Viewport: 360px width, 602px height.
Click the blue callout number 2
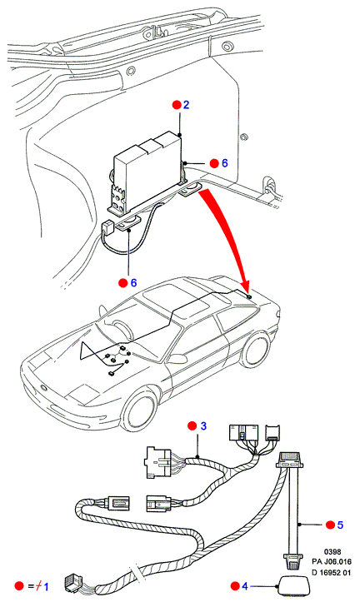click(x=187, y=105)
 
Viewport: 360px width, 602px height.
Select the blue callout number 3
click(x=203, y=425)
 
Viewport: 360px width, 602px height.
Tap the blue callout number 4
click(x=245, y=586)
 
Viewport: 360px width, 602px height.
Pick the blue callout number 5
click(x=340, y=525)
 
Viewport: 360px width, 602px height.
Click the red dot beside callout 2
click(x=177, y=105)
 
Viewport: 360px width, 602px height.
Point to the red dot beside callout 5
click(x=330, y=525)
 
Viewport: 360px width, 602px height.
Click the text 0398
click(x=332, y=552)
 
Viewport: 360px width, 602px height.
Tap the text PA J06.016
click(x=332, y=562)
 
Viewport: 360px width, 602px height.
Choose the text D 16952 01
click(x=332, y=572)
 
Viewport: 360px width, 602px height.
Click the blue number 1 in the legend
click(x=46, y=586)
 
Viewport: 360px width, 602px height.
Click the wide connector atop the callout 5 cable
click(x=293, y=460)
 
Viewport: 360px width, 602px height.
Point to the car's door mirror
click(x=177, y=359)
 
